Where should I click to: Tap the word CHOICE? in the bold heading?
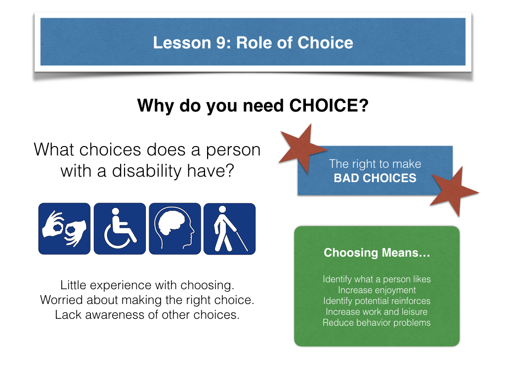[329, 106]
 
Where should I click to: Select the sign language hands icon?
[65, 228]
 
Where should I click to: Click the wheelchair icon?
[120, 228]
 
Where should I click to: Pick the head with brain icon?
[175, 228]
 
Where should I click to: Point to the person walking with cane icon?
[230, 228]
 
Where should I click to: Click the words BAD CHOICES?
[375, 178]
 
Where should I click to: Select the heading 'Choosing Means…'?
[377, 253]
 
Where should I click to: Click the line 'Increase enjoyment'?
[377, 290]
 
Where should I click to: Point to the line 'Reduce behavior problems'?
[377, 323]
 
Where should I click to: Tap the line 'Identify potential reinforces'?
[377, 301]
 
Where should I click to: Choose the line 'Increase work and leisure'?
[377, 312]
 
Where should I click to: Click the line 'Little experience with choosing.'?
[147, 285]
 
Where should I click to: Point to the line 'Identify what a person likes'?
[377, 279]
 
